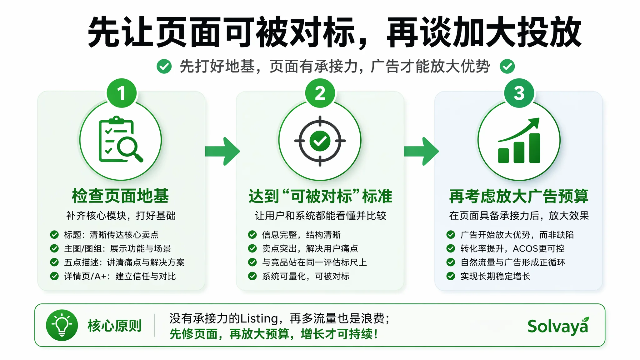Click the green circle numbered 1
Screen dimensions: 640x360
[x=122, y=93]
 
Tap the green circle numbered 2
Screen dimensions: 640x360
[x=320, y=93]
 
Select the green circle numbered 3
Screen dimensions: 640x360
[x=519, y=93]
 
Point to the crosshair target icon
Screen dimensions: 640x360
[x=320, y=141]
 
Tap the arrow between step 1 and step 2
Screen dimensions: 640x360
[x=222, y=151]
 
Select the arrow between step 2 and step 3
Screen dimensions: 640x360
[x=421, y=151]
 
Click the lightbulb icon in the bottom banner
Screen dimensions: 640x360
[x=62, y=325]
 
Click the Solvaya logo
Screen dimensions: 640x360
[x=558, y=326]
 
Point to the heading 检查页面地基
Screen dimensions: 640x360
[x=120, y=196]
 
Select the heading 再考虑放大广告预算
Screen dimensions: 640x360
[x=519, y=196]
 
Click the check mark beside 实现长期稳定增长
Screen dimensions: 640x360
[x=451, y=276]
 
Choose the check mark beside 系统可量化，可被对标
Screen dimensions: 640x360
[x=252, y=276]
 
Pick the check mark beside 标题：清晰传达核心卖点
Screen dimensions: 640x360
[x=54, y=235]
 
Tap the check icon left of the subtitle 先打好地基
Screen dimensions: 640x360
[x=164, y=66]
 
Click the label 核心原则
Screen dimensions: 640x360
[x=115, y=326]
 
